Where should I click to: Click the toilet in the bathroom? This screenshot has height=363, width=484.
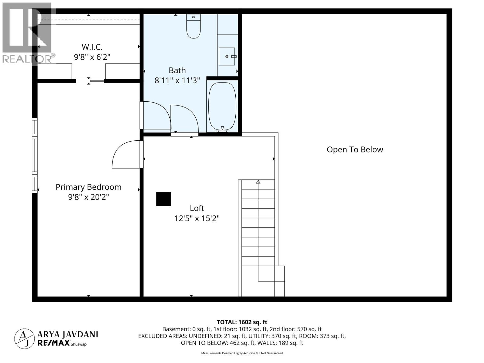pyautogui.click(x=194, y=27)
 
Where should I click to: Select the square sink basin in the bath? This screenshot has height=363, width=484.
pyautogui.click(x=227, y=57)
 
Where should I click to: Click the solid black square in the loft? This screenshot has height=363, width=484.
pyautogui.click(x=164, y=199)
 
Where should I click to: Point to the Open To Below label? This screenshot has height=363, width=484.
pyautogui.click(x=355, y=149)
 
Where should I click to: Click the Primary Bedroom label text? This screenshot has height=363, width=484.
pyautogui.click(x=88, y=187)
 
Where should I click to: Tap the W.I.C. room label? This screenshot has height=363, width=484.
pyautogui.click(x=92, y=47)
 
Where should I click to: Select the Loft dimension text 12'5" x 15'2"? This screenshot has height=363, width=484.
pyautogui.click(x=197, y=218)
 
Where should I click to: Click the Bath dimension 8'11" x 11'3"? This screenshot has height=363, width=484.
pyautogui.click(x=177, y=80)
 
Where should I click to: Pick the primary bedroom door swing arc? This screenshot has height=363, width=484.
pyautogui.click(x=124, y=154)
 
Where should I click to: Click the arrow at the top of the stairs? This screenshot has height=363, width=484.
pyautogui.click(x=258, y=182)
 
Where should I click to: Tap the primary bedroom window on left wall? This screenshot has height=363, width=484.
pyautogui.click(x=35, y=155)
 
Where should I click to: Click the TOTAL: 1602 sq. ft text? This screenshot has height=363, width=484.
pyautogui.click(x=242, y=322)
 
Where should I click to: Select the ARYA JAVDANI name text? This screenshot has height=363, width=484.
pyautogui.click(x=68, y=334)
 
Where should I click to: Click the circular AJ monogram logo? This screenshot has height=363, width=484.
pyautogui.click(x=24, y=338)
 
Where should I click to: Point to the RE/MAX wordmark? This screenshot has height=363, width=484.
pyautogui.click(x=54, y=343)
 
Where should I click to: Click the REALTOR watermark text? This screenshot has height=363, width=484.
pyautogui.click(x=27, y=59)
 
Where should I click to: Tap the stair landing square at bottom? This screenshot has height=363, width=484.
pyautogui.click(x=271, y=273)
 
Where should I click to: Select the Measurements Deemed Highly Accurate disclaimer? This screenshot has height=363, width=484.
pyautogui.click(x=242, y=353)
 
